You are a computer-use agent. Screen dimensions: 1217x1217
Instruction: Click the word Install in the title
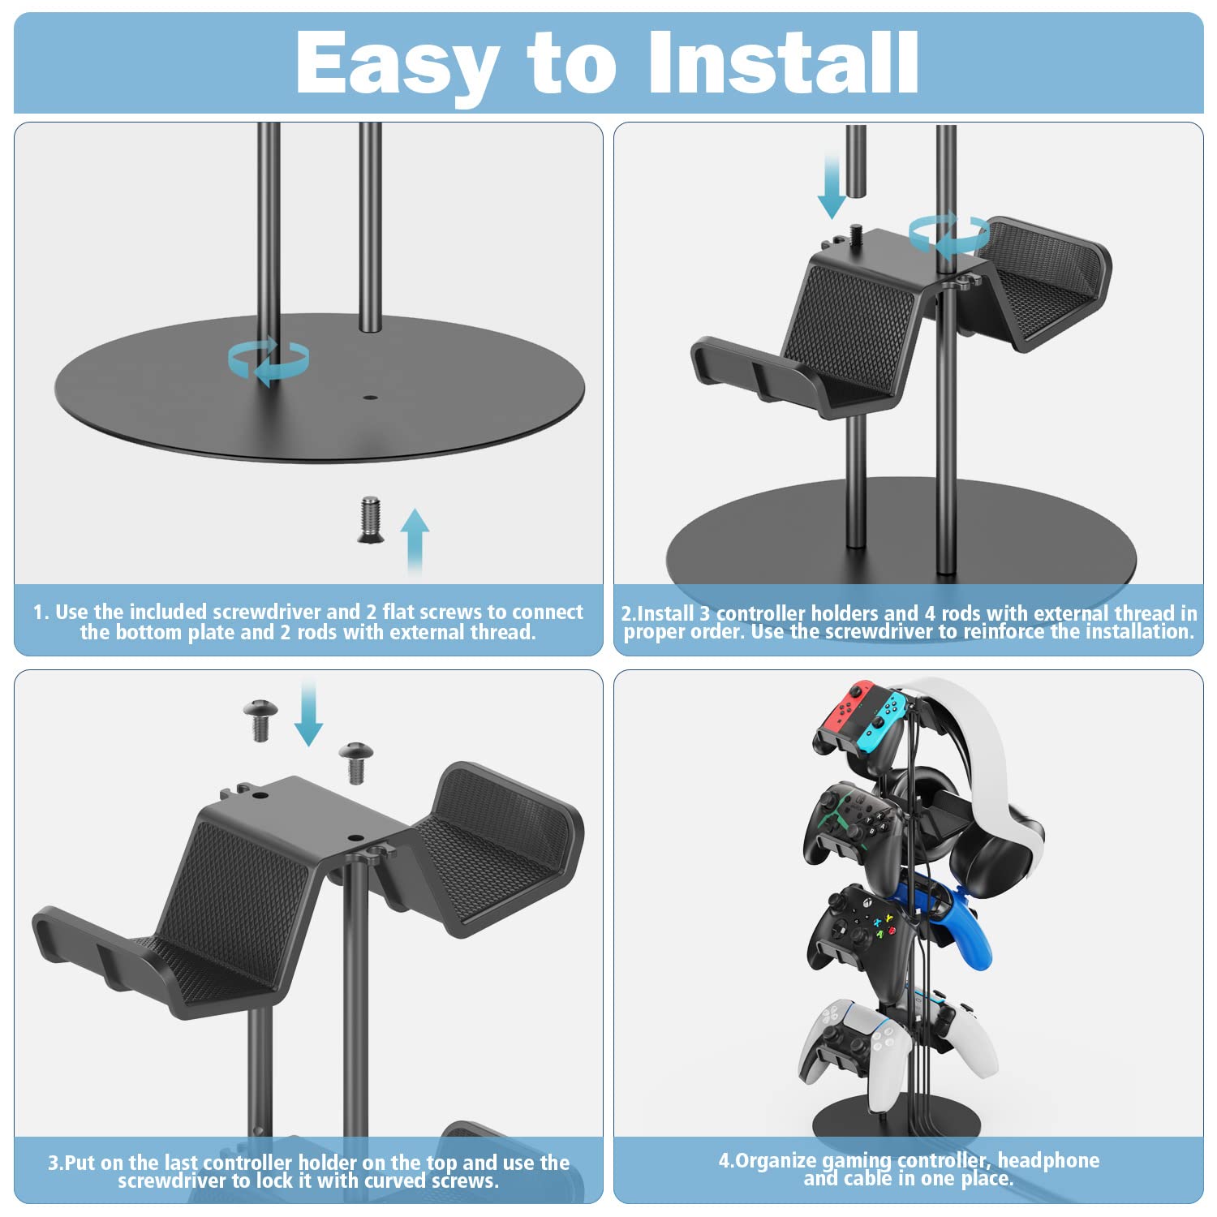click(x=783, y=63)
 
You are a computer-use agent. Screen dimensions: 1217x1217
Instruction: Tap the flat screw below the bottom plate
click(x=370, y=520)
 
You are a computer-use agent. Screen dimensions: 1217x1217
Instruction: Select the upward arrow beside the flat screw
click(x=415, y=540)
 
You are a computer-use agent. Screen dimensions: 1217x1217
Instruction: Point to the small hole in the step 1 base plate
click(x=371, y=398)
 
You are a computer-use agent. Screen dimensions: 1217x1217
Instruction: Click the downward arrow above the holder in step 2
click(x=832, y=187)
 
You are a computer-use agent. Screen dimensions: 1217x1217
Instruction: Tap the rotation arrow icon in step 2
click(x=948, y=235)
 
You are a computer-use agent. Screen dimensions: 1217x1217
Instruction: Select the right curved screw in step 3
click(x=355, y=762)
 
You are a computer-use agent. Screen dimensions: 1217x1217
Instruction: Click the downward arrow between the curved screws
click(x=308, y=714)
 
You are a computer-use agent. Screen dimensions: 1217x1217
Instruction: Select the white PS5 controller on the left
click(x=840, y=1043)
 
